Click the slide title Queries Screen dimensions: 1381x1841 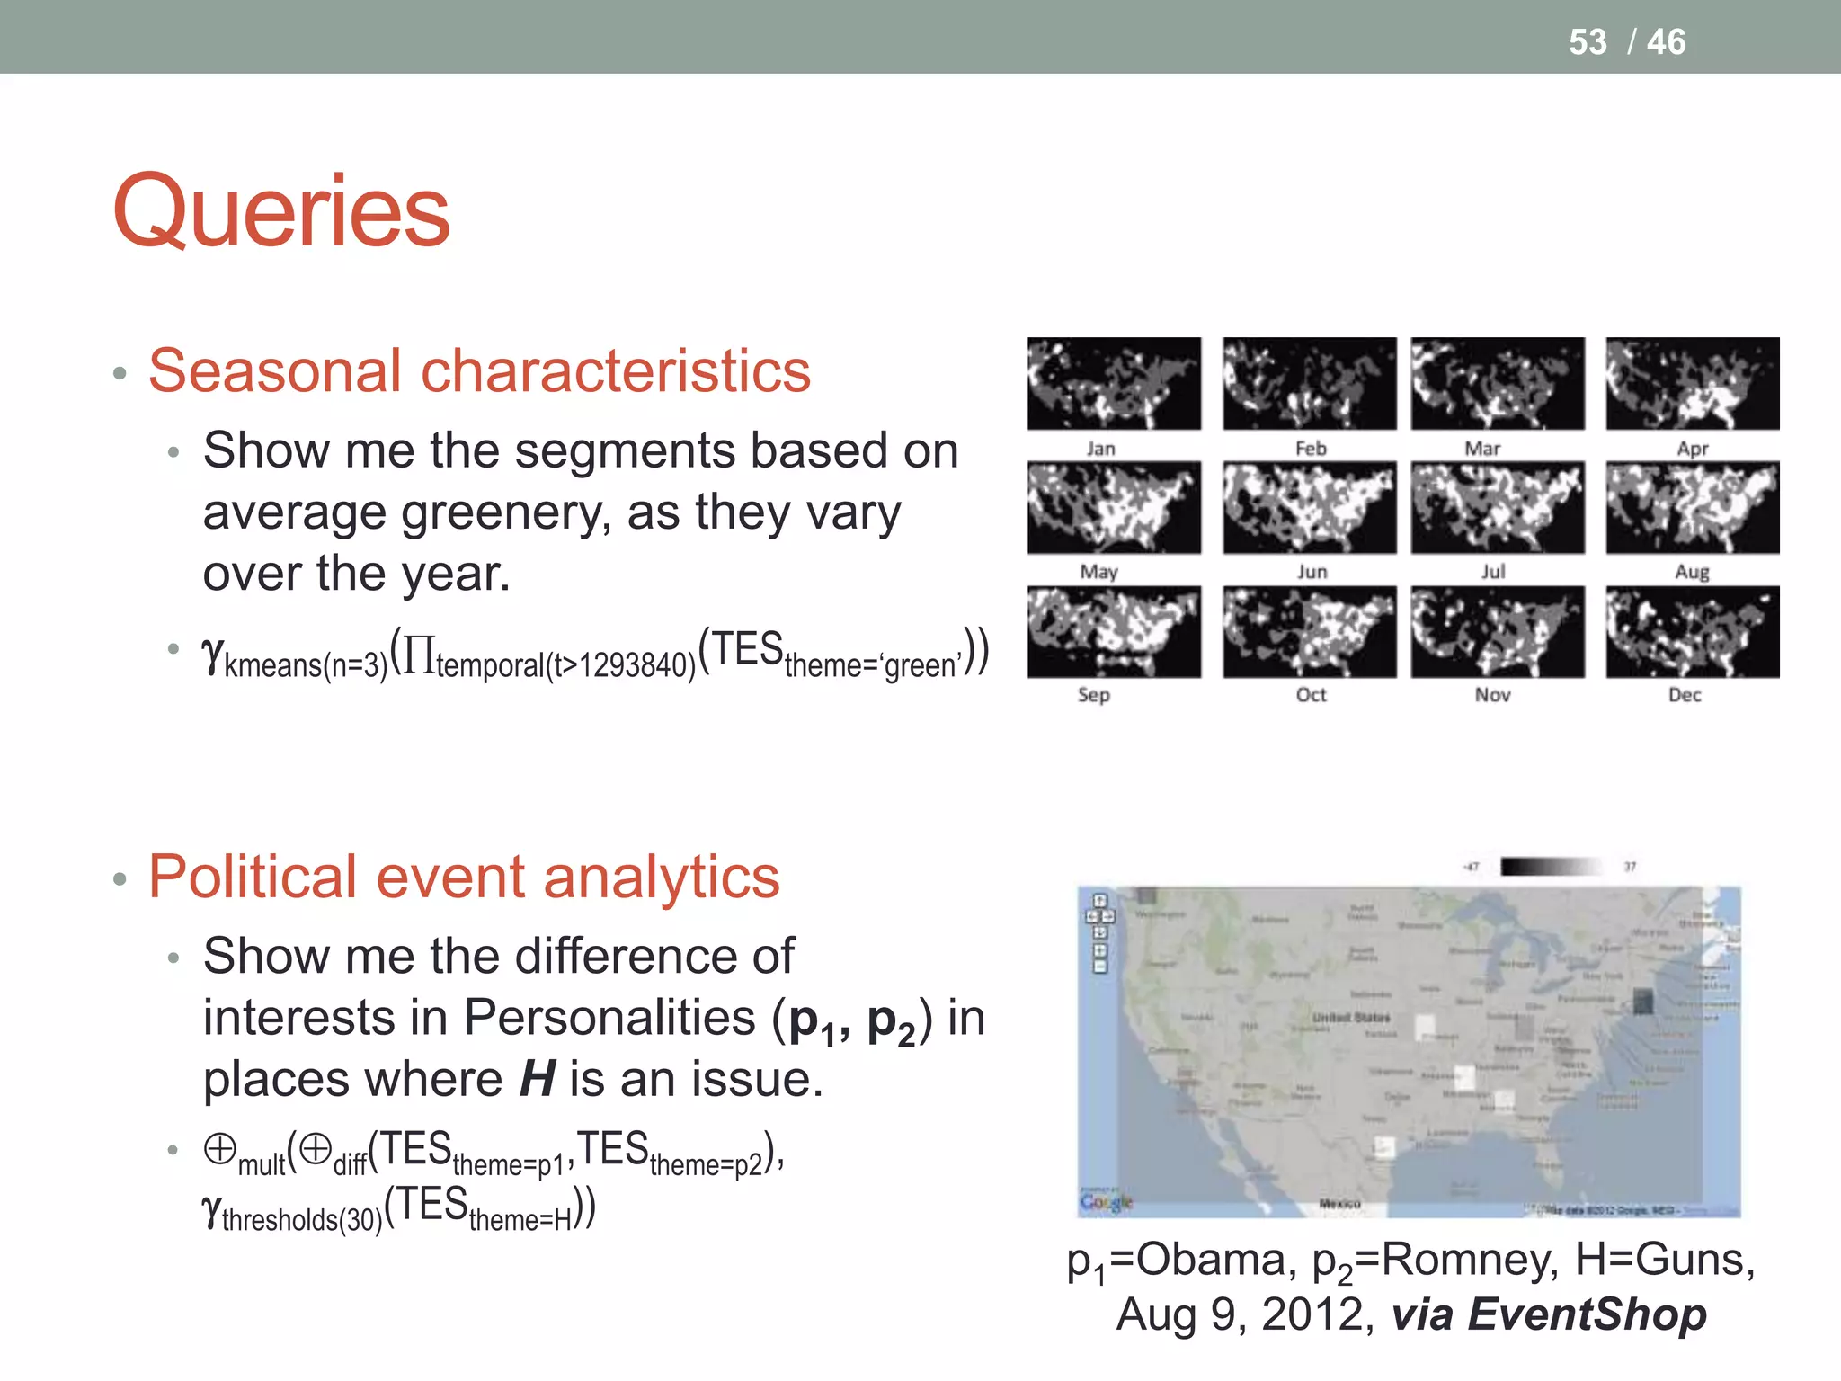pos(280,212)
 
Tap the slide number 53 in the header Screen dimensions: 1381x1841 pos(1587,42)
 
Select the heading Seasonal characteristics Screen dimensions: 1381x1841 pos(479,370)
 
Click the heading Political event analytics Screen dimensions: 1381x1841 pos(464,877)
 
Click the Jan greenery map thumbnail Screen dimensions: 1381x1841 pos(1114,383)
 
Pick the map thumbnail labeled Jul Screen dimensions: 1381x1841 pos(1497,507)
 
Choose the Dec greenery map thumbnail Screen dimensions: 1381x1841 pos(1692,631)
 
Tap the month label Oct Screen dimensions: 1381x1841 pos(1311,695)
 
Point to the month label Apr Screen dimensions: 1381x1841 pos(1692,448)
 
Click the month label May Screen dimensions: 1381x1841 pos(1098,572)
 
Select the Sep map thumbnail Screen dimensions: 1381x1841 pos(1114,631)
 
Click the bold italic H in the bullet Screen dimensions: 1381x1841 pos(538,1079)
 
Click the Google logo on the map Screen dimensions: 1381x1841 pos(1107,1202)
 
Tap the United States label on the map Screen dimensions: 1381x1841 pos(1350,1018)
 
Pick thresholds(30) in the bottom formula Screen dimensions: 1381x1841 pos(302,1220)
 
